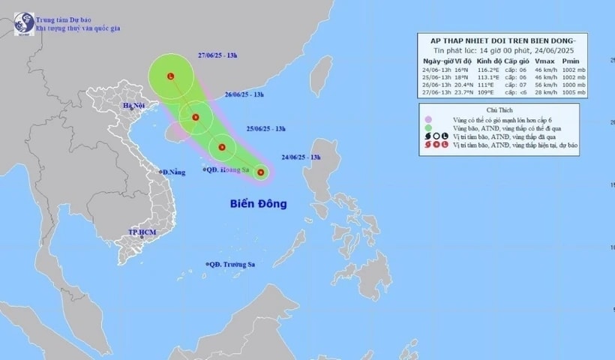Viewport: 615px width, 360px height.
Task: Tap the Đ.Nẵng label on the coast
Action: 173,172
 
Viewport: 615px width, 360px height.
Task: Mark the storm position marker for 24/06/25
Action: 261,172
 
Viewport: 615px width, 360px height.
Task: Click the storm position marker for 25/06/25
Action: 222,147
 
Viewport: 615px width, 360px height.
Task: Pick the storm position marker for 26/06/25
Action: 196,117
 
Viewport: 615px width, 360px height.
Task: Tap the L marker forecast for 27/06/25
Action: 171,76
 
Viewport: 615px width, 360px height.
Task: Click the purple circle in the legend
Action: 427,119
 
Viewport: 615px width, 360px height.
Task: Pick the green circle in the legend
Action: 427,127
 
